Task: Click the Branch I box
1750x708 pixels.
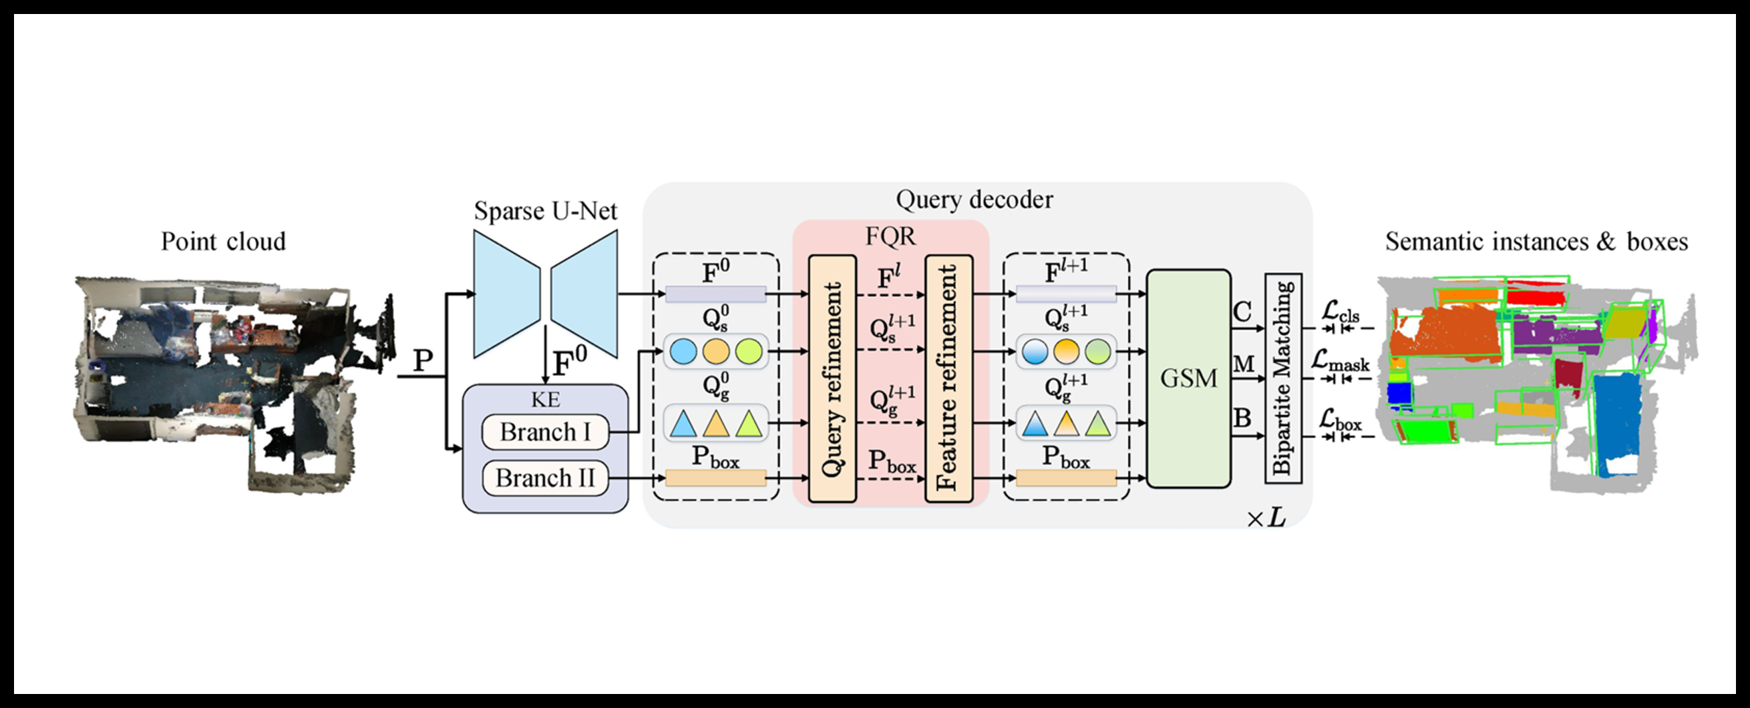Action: pyautogui.click(x=545, y=432)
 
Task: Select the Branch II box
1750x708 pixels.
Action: pyautogui.click(x=545, y=478)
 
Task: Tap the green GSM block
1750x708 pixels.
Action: pyautogui.click(x=1188, y=378)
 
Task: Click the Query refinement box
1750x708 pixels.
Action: pyautogui.click(x=832, y=379)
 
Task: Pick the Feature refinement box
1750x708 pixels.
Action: pyautogui.click(x=948, y=379)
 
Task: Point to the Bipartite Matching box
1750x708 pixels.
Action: pyautogui.click(x=1282, y=378)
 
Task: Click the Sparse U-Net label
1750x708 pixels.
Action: pyautogui.click(x=545, y=211)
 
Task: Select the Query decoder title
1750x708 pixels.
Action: pyautogui.click(x=974, y=200)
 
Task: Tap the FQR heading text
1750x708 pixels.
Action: pyautogui.click(x=890, y=236)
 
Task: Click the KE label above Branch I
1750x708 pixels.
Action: pyautogui.click(x=546, y=399)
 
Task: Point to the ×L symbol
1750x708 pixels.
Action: pyautogui.click(x=1266, y=518)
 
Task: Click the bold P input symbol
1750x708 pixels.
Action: pyautogui.click(x=423, y=360)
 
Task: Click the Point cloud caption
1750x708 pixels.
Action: pyautogui.click(x=223, y=242)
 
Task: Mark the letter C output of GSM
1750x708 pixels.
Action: pyautogui.click(x=1242, y=312)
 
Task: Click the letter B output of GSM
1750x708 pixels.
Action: pyautogui.click(x=1242, y=418)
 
